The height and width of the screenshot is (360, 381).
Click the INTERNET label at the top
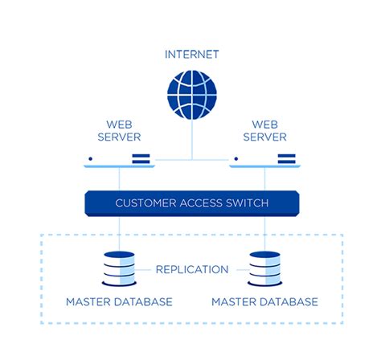coord(191,55)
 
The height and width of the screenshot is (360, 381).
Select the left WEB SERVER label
coord(119,130)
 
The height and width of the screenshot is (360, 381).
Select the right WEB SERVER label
coord(264,130)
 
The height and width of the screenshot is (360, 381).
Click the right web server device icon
coord(264,161)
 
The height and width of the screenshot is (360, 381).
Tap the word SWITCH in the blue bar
coord(247,203)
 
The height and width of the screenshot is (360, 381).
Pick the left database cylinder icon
coord(119,268)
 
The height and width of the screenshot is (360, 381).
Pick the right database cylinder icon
coord(264,268)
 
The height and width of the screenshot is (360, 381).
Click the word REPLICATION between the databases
coord(191,269)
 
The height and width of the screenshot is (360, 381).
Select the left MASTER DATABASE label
coord(119,302)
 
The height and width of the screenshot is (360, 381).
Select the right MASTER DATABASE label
coord(264,302)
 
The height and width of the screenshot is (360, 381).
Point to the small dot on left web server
coord(91,159)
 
